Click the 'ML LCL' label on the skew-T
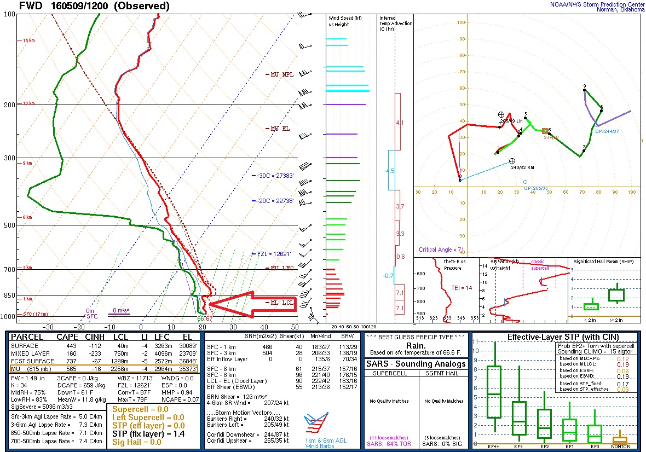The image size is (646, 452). click(280, 303)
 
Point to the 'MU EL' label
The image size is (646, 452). click(280, 129)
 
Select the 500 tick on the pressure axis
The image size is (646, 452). click(9, 225)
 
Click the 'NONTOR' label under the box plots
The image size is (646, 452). click(620, 447)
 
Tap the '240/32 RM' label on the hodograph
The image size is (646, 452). click(523, 168)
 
